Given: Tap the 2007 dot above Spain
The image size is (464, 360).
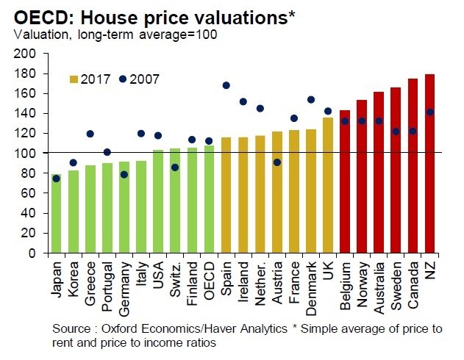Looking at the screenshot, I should [x=226, y=85].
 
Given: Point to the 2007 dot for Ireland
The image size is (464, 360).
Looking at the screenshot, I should [x=243, y=101].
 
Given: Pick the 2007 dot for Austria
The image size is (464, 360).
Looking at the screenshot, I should [x=276, y=162].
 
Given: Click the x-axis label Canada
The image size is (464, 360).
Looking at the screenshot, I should [x=413, y=283].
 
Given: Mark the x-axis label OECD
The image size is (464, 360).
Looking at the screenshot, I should [x=210, y=281].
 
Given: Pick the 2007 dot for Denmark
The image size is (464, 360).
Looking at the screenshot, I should [x=310, y=100].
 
